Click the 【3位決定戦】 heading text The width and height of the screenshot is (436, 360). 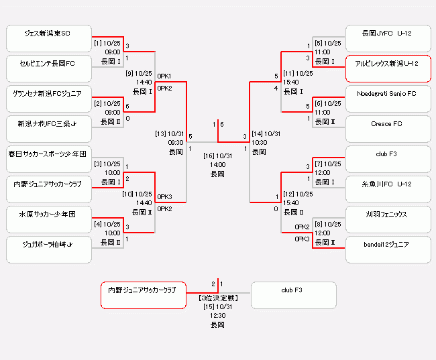pyautogui.click(x=218, y=296)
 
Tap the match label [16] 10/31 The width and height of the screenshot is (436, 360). pyautogui.click(x=218, y=156)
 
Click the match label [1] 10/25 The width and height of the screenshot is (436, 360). pyautogui.click(x=107, y=43)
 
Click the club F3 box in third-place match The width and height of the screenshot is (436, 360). pyautogui.click(x=293, y=295)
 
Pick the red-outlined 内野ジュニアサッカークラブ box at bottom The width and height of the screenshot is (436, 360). pyautogui.click(x=143, y=295)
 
